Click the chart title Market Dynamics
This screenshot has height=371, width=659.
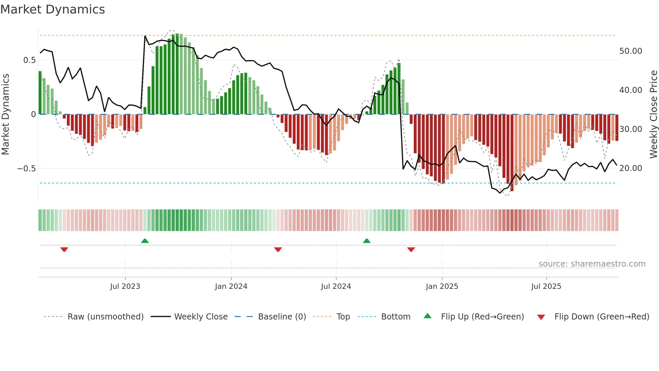[52, 9]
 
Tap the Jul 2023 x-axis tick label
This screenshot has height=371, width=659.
[125, 286]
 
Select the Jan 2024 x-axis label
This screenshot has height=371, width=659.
[231, 286]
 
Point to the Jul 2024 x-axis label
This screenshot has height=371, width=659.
[336, 286]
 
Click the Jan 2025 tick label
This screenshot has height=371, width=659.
[442, 286]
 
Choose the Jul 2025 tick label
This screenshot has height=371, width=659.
[546, 286]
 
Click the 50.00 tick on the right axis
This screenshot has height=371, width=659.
[630, 51]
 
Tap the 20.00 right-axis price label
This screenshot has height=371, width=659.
[630, 168]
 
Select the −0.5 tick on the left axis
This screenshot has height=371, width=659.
[27, 169]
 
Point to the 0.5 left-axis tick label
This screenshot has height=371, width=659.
[29, 60]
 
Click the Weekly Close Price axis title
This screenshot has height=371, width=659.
[653, 114]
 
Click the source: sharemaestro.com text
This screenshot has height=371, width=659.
[592, 264]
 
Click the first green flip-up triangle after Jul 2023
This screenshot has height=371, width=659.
[145, 241]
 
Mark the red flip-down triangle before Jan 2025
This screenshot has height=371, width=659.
[411, 249]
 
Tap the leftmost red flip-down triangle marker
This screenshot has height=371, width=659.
[64, 249]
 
